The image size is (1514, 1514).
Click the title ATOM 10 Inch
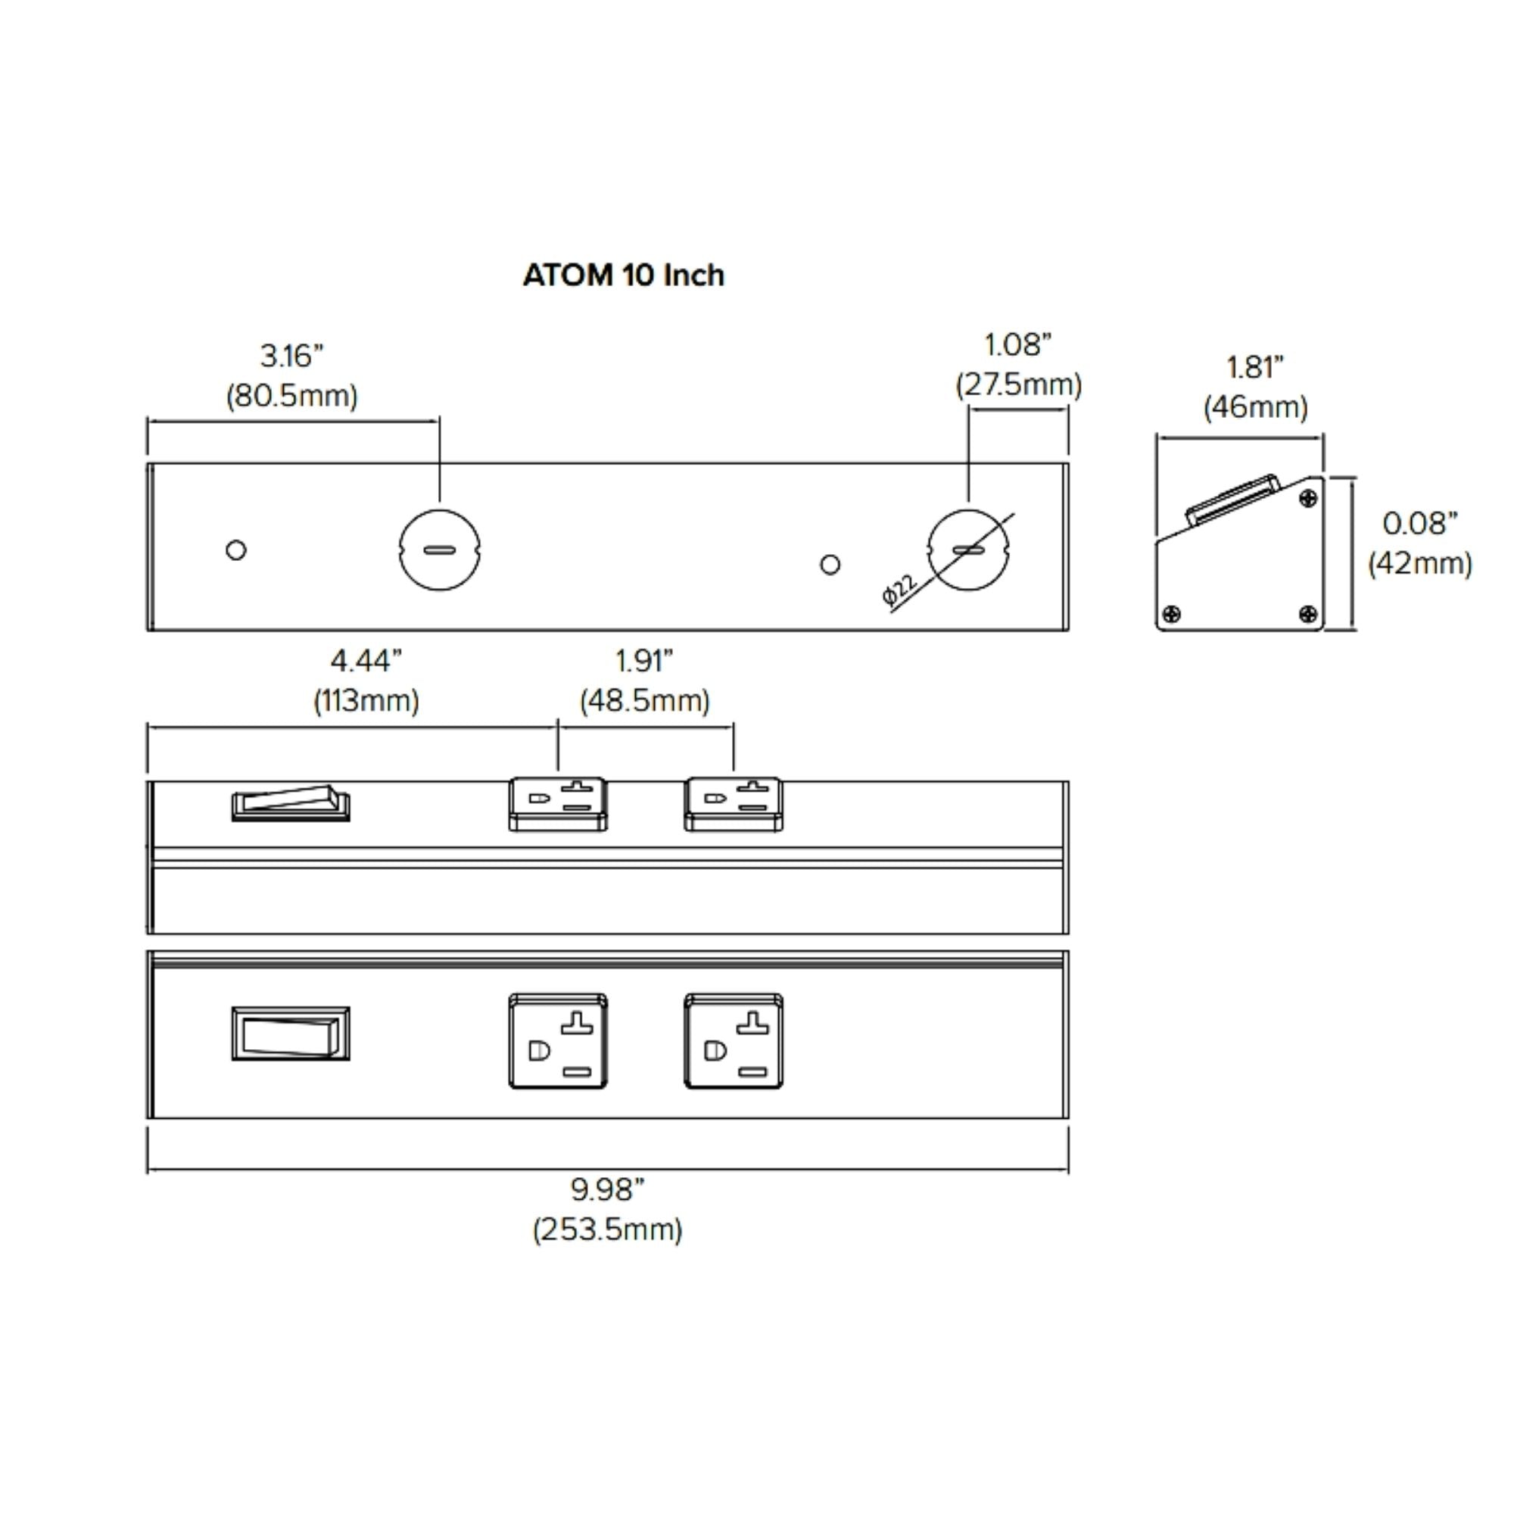623,275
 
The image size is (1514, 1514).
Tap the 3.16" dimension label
291,357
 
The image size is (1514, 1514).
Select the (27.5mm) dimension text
1018,385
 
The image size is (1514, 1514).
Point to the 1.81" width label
1254,368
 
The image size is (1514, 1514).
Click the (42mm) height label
1419,563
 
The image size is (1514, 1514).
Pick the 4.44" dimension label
366,662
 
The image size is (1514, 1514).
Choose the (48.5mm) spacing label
644,700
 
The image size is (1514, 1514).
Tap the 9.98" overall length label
607,1189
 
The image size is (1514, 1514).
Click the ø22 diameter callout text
899,590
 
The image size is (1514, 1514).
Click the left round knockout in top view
440,550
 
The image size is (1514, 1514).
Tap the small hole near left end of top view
236,550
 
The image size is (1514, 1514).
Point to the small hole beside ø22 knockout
830,564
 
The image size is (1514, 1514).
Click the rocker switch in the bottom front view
291,1033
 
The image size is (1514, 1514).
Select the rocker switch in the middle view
291,802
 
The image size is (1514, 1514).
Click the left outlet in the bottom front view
558,1041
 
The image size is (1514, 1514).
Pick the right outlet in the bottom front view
734,1041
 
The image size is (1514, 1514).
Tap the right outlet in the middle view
734,803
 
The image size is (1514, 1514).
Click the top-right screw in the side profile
1308,498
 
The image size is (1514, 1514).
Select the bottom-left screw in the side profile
1173,614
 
